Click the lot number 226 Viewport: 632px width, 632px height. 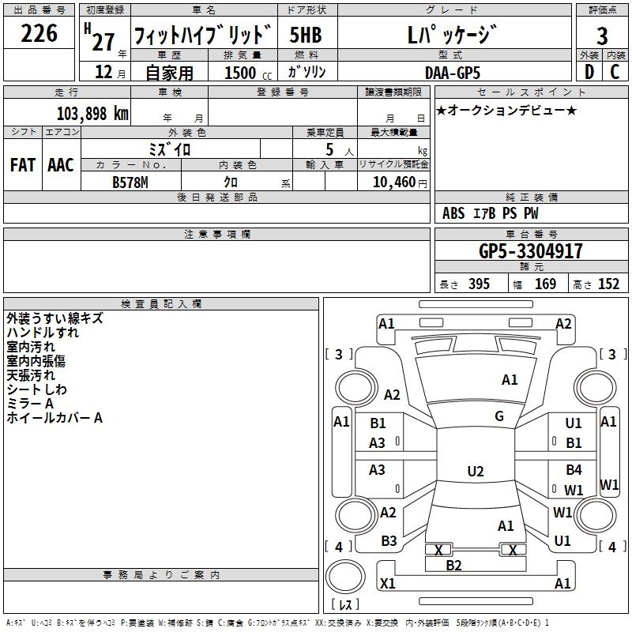coord(39,34)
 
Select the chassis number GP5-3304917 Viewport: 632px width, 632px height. coord(532,252)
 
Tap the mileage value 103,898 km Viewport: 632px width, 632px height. coord(92,113)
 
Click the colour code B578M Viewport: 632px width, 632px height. coord(131,182)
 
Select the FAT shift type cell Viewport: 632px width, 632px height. coord(23,165)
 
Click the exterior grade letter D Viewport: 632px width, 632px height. coord(588,72)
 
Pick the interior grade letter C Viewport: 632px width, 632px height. coord(614,72)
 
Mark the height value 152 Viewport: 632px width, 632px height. coord(608,284)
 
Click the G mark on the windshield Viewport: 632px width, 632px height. coord(499,416)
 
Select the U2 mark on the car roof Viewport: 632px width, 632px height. coord(475,472)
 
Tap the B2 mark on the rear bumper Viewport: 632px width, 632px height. coord(453,565)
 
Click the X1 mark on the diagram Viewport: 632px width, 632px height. coord(387,584)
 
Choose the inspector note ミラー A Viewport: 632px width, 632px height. coord(30,404)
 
